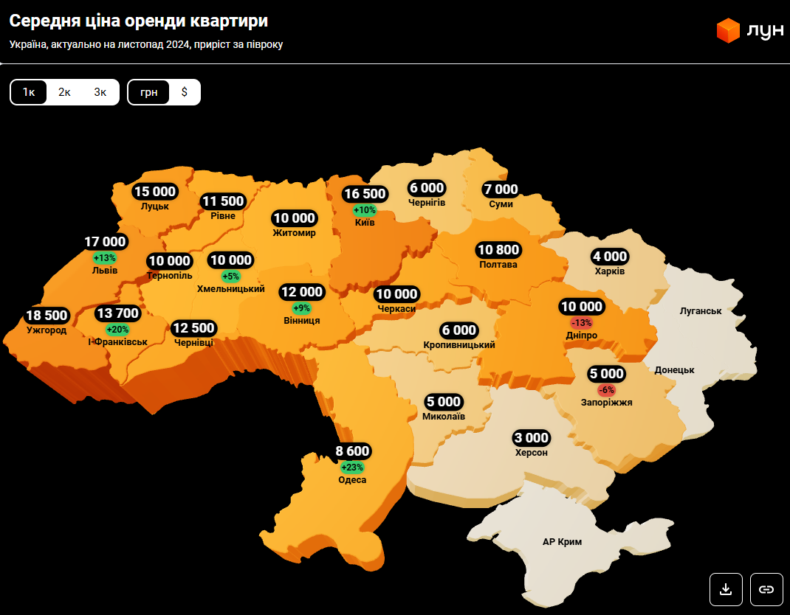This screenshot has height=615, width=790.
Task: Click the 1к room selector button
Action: pos(29,92)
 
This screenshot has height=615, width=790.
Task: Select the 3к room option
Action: pos(100,92)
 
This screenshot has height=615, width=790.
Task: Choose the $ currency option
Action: pos(184,92)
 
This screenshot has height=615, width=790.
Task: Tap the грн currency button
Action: pos(148,92)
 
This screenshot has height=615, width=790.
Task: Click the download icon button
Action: pos(726,588)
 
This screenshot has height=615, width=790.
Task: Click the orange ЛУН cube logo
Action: pos(728,30)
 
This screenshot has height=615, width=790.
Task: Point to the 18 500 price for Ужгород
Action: pos(47,316)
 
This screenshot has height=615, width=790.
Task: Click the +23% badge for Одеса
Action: pos(352,467)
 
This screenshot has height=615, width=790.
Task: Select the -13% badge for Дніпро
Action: pos(581,322)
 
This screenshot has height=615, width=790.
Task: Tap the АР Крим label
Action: pos(562,542)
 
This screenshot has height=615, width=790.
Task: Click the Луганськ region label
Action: pos(700,311)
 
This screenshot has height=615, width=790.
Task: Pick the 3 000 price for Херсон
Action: pos(532,437)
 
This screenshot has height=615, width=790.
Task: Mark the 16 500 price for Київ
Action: pos(365,194)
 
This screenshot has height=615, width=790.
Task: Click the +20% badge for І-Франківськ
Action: pos(117,329)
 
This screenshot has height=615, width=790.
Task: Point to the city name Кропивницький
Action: pos(459,345)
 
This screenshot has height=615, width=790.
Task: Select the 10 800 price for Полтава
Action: pos(498,250)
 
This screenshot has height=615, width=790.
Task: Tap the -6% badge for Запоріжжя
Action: pos(606,389)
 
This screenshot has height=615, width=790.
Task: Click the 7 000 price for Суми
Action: pos(501,190)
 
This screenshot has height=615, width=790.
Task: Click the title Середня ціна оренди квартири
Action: pos(138,21)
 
